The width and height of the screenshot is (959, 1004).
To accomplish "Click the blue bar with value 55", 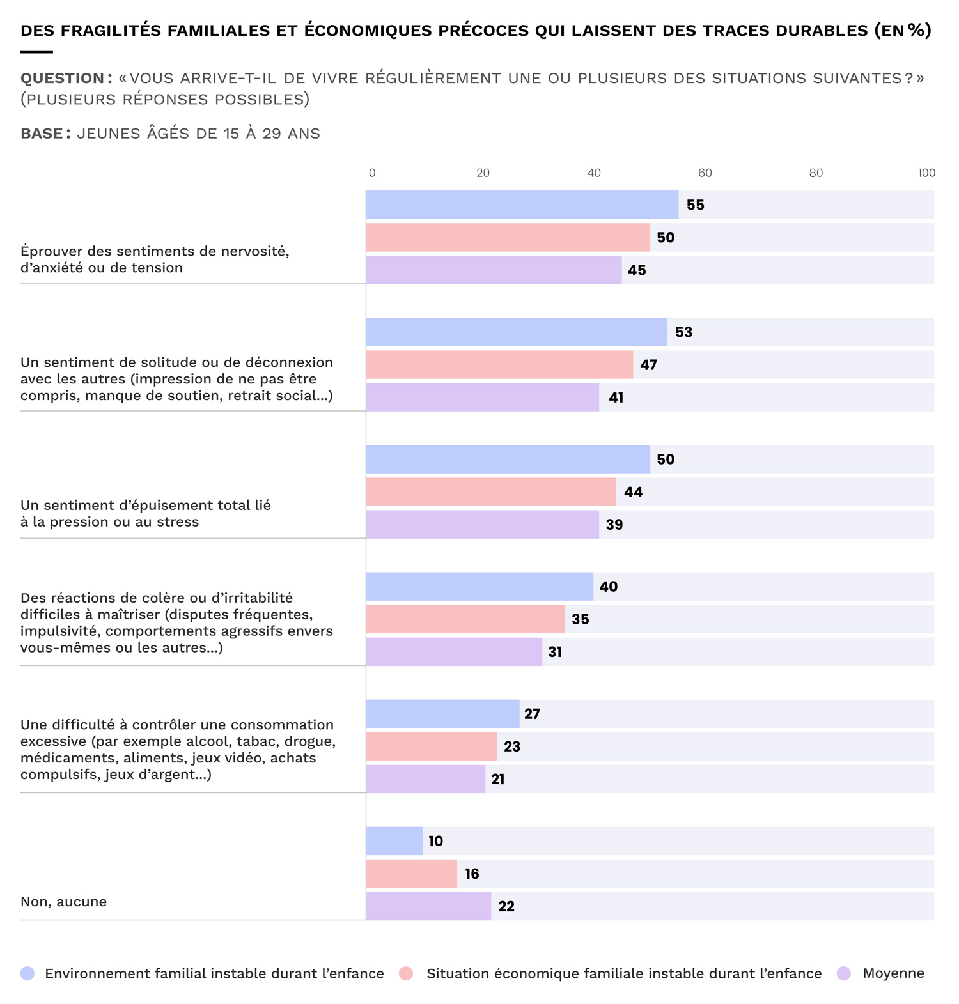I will pos(522,205).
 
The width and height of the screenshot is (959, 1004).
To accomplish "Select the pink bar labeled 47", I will pos(499,364).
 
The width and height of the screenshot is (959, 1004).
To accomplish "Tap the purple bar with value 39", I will pos(482,524).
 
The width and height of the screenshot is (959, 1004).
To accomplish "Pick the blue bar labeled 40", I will pos(479,586).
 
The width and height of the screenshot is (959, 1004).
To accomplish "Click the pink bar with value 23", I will pos(431,746).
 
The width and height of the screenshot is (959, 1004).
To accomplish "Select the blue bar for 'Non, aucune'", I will pos(394,840).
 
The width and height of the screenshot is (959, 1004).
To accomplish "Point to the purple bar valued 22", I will pos(428,906).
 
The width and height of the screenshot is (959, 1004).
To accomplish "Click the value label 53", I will pos(683,332).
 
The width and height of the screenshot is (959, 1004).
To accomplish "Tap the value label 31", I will pos(555,652).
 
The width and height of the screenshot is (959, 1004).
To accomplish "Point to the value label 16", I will pos(472,874).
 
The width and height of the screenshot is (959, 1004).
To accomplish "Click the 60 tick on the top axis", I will pos(705,173).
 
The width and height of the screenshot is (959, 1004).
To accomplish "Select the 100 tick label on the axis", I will pos(926,173).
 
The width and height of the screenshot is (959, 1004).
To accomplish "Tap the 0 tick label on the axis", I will pos(372,173).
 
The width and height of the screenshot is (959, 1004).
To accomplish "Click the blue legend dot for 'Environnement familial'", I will pos(27,973).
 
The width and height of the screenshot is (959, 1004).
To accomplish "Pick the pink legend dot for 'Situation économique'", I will pos(405,973).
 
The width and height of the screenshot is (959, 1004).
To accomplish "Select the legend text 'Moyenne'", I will pos(893,973).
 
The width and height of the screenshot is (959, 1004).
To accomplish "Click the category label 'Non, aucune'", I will pos(63,902).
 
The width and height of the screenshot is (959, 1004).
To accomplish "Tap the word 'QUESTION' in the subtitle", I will pos(62,78).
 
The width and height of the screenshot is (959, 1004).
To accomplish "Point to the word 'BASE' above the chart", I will pos(42,134).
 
